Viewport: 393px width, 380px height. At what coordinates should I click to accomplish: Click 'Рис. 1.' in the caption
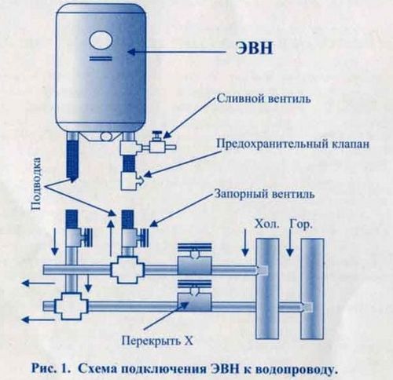54,366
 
